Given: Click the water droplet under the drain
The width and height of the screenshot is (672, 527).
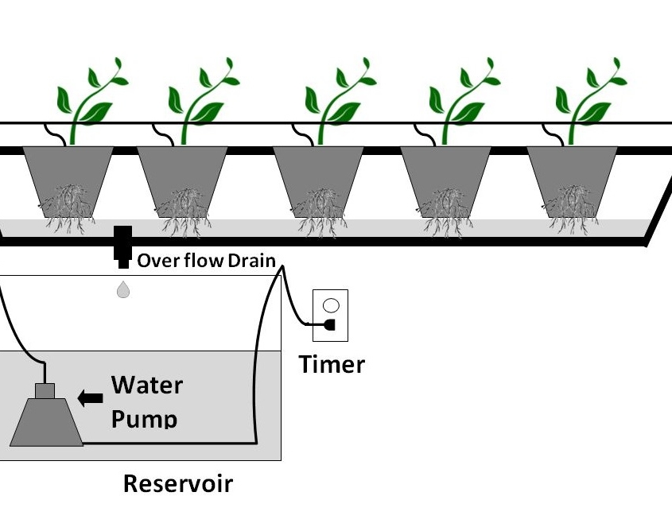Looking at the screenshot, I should click(122, 289).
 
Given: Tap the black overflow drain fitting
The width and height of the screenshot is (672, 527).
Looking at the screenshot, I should click(122, 245).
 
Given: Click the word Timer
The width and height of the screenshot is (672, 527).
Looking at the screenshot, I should click(332, 365).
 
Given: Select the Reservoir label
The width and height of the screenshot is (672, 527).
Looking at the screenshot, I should click(178, 482).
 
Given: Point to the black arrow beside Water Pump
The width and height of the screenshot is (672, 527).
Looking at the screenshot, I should click(91, 395).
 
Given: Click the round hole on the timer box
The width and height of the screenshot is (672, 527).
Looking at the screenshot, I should click(332, 304).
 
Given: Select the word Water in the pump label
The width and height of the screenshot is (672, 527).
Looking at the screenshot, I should click(147, 386).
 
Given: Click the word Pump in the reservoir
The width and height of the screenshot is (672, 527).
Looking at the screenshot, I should click(144, 418).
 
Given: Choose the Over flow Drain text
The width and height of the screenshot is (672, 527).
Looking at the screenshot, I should click(207, 260).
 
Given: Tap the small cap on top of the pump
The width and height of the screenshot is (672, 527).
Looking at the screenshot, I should click(46, 389).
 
